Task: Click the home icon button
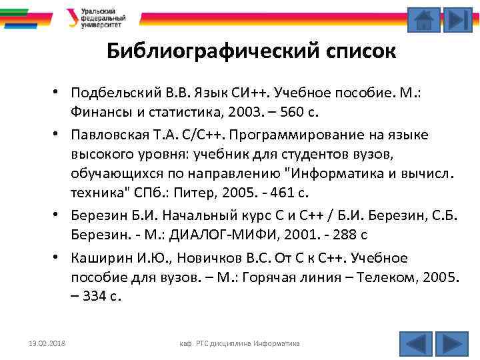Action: [x=423, y=19]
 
